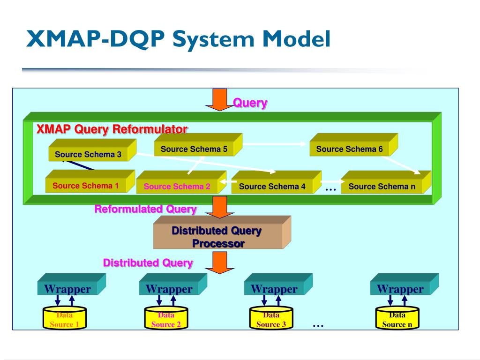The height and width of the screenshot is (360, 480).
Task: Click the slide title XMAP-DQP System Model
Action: pos(178,39)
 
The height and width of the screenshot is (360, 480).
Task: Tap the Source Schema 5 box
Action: pos(194,149)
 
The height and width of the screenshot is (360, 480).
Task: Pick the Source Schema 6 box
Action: pos(350,149)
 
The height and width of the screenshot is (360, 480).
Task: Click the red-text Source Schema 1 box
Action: pos(86,186)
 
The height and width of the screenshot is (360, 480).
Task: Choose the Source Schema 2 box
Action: pos(177,186)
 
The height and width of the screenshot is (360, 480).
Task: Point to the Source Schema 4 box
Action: pos(272,186)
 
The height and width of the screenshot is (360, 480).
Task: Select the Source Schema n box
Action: pos(382,186)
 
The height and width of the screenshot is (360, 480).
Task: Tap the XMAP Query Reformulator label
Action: pos(112,129)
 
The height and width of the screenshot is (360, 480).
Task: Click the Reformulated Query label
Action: pos(145,209)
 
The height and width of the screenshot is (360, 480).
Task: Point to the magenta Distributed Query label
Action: pos(148,262)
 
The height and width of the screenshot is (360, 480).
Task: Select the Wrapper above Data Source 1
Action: pos(67,289)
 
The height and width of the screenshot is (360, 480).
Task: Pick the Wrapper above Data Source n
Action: pos(400,289)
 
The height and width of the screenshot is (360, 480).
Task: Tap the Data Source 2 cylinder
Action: pos(166,319)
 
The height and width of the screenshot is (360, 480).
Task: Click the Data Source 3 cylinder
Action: pos(271,319)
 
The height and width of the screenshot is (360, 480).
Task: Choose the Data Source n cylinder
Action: pos(397,319)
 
